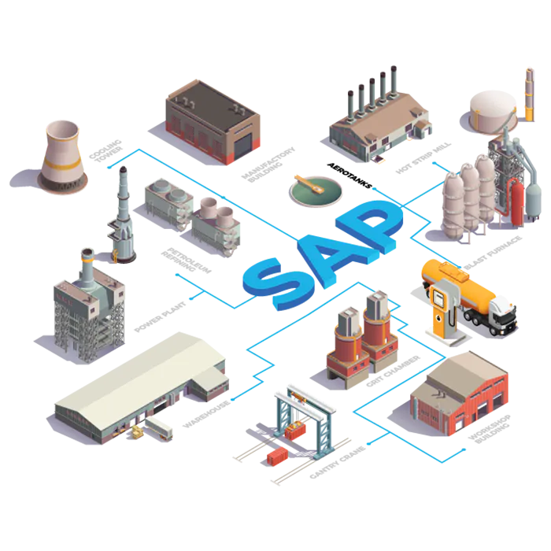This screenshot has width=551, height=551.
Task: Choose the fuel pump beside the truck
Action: point(438,311)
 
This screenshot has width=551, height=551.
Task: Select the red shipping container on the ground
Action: point(278,456)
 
